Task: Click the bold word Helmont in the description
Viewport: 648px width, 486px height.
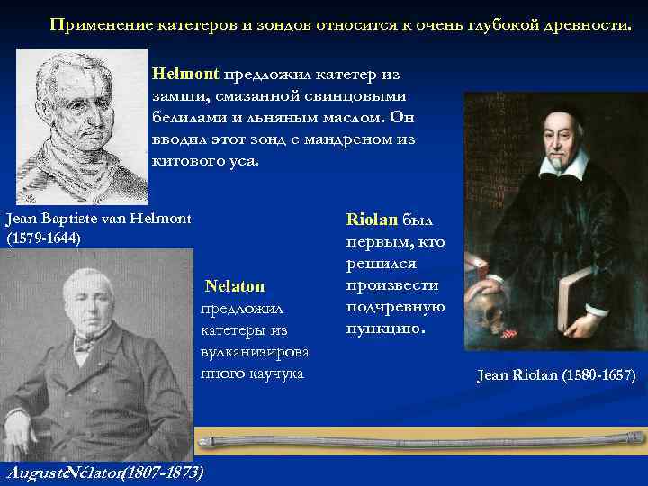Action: [185, 73]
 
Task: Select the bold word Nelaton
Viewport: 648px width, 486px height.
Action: [235, 286]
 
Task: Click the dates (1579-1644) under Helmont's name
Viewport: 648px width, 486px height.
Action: [43, 238]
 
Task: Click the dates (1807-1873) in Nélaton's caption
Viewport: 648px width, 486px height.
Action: [162, 472]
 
